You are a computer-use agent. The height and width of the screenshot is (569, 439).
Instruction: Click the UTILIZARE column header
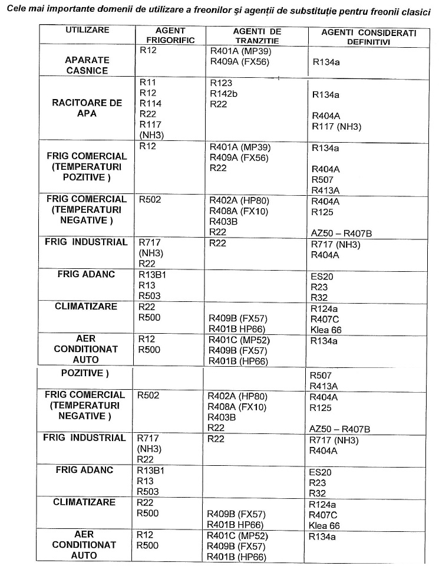[x=87, y=29]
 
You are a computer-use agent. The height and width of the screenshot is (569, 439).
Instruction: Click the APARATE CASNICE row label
[x=87, y=65]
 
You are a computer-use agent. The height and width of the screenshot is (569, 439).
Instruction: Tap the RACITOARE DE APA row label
[x=87, y=108]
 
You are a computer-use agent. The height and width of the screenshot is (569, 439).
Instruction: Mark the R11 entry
[x=147, y=83]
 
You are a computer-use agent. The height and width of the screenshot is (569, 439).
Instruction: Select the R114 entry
[x=150, y=103]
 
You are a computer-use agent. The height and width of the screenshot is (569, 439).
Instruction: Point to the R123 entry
[x=221, y=83]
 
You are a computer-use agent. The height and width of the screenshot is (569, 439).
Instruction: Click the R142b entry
[x=224, y=93]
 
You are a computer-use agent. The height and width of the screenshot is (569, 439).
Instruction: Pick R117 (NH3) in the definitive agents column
[x=336, y=126]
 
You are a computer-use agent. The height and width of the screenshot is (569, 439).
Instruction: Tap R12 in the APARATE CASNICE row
[x=147, y=51]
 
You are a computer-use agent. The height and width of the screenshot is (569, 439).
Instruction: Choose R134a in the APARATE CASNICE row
[x=326, y=61]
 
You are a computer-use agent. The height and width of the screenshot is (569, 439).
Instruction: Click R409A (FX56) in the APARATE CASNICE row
[x=239, y=61]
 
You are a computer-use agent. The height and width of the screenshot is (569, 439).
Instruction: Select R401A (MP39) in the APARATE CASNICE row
[x=240, y=51]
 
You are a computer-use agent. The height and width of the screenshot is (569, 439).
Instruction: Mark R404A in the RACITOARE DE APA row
[x=326, y=116]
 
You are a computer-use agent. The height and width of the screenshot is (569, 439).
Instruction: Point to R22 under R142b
[x=218, y=104]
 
